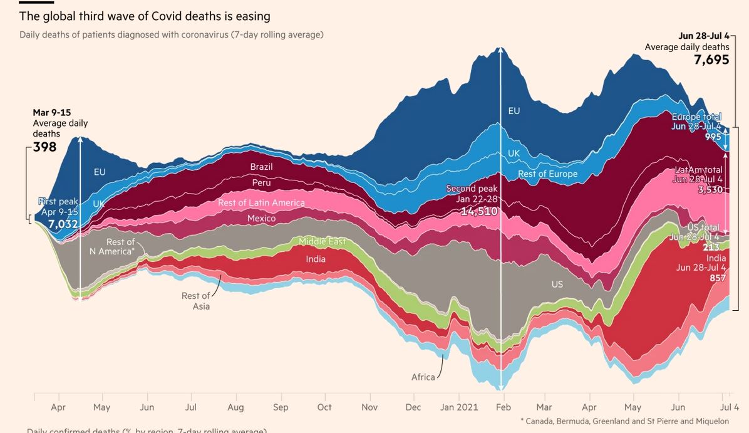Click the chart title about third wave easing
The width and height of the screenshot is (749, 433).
pos(145,16)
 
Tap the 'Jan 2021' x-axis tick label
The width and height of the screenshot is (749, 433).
pos(458,407)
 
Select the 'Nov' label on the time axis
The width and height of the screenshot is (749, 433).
pos(369,407)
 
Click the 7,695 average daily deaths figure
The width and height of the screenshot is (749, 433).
pos(711,60)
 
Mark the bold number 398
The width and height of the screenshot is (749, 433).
pos(44,147)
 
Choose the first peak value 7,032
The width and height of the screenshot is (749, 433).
pos(63,224)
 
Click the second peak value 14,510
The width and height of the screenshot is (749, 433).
pos(479,212)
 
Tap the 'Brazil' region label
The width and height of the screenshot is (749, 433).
pos(261,167)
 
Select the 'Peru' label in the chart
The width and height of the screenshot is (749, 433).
pos(261,183)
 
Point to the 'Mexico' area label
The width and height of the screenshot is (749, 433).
pos(261,219)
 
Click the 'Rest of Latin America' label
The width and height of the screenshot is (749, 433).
pos(261,203)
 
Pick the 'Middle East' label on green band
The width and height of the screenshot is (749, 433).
pos(322,241)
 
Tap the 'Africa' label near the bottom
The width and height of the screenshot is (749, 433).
pos(423,377)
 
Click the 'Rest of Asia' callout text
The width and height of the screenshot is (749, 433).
pos(196,301)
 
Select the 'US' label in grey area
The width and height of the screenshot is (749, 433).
pos(557,284)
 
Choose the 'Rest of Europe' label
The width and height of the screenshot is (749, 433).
pos(547,174)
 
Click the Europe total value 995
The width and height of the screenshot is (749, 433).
pos(713,137)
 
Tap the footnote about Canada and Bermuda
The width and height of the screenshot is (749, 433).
pos(624,421)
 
